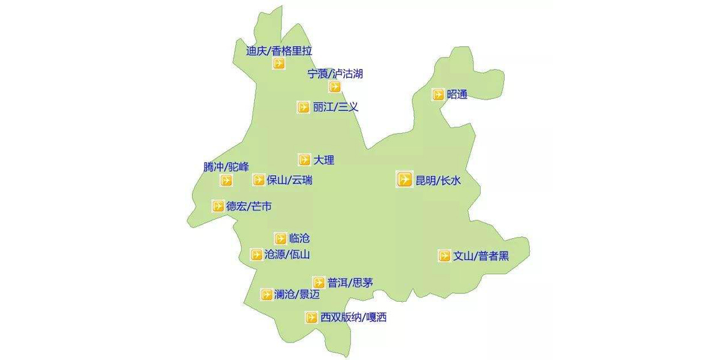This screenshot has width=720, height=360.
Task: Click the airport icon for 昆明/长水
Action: [x=404, y=179]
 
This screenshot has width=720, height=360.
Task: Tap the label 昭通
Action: [x=457, y=94]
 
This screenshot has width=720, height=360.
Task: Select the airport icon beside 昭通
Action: [x=439, y=94]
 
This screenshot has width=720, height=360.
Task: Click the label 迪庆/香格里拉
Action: [x=279, y=51]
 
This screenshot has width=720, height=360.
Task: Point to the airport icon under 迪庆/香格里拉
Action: [x=278, y=64]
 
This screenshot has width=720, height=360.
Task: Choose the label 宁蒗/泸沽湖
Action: [x=335, y=74]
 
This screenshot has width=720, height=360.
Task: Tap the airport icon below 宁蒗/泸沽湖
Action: [x=334, y=86]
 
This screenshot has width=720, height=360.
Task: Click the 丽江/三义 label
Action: [x=335, y=107]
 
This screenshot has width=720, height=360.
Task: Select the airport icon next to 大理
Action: [x=304, y=160]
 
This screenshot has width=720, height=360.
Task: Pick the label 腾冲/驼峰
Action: [x=226, y=167]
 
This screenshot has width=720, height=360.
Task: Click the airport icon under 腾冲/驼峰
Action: [x=226, y=180]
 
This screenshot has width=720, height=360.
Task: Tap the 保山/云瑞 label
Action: [x=290, y=180]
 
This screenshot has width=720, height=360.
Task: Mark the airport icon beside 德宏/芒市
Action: [x=218, y=206]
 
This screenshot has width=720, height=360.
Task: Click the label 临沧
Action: [x=299, y=238]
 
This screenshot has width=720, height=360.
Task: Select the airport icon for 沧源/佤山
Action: [x=256, y=254]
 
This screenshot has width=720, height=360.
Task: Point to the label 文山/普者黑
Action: [x=481, y=256]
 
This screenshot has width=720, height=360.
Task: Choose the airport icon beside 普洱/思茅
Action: [x=319, y=282]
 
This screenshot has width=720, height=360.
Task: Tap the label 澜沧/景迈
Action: [x=297, y=295]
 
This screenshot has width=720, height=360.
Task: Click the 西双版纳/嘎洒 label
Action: [x=353, y=317]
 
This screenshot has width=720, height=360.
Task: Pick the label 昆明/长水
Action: [x=438, y=180]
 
